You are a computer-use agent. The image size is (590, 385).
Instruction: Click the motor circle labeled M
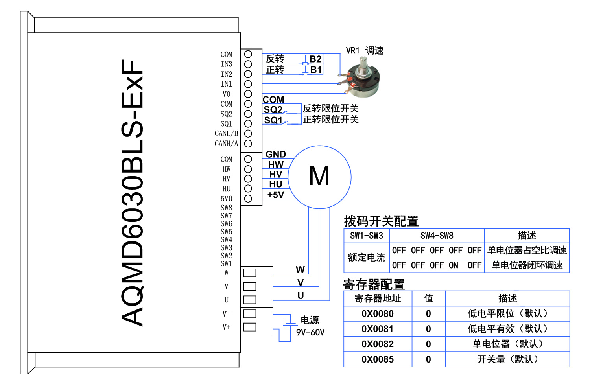point(319,177)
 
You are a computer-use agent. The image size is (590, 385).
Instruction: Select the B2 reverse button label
point(315,59)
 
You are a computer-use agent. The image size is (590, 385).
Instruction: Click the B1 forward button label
point(316,70)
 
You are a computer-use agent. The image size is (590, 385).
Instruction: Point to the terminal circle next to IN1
point(248,84)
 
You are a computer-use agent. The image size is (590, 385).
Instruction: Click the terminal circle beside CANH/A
point(248,144)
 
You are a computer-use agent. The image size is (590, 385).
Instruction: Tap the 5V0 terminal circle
point(248,199)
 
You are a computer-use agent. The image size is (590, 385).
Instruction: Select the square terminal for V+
point(250,327)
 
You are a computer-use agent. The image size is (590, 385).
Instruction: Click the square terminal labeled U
point(250,300)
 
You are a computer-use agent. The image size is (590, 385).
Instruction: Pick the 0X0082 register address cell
point(378,344)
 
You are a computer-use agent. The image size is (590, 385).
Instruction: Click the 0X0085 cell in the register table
point(378,359)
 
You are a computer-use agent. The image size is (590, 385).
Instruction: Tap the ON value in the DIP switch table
point(454,265)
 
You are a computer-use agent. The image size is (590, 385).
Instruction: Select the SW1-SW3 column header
point(367,236)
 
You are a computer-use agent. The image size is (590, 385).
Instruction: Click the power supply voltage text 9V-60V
point(310,332)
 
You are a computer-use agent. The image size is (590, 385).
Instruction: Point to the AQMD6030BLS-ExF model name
point(132,193)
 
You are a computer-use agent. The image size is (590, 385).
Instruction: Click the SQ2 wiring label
point(273,109)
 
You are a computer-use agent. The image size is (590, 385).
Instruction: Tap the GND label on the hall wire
point(276,154)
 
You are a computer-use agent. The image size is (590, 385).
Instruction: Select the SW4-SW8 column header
point(437,236)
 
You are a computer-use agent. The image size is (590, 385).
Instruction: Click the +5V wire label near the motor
point(276,195)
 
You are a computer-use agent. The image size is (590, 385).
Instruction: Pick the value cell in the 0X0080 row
point(428,314)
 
